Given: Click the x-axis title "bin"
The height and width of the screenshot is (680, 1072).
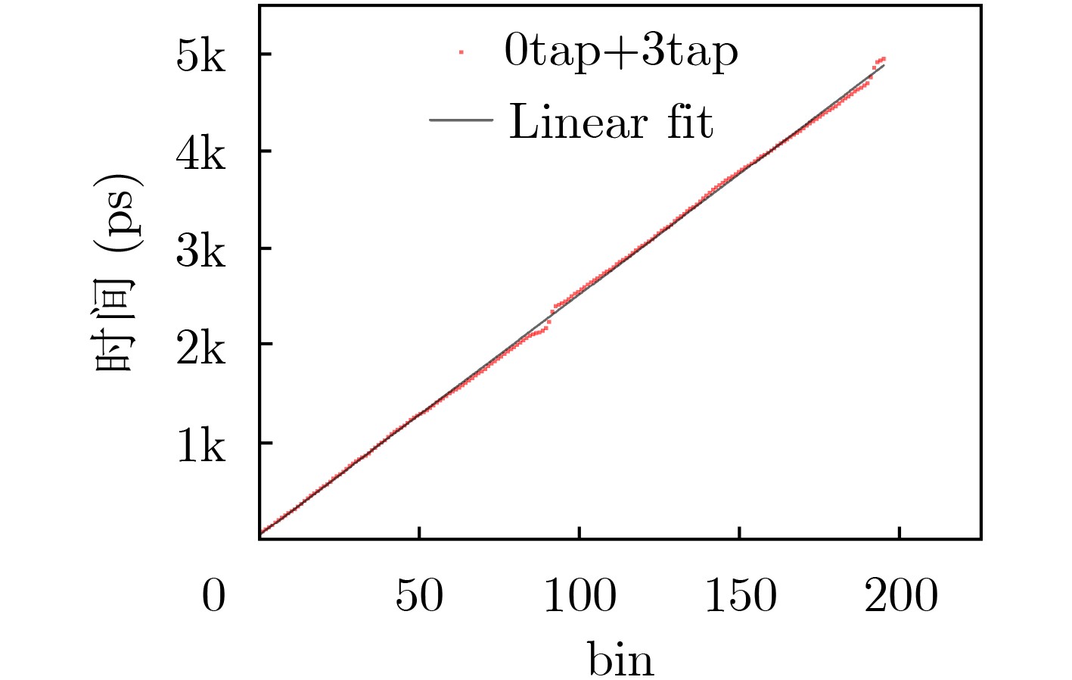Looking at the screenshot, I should click(x=620, y=659).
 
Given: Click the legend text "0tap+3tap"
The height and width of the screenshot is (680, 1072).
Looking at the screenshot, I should click(x=620, y=51).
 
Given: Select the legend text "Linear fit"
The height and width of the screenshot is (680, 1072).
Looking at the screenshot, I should click(x=611, y=121).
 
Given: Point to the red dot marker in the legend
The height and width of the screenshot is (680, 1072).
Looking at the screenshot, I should click(x=461, y=52).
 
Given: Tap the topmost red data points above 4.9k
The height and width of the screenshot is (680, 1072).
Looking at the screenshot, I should click(x=879, y=60).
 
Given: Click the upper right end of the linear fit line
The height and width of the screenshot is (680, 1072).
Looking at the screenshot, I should click(x=883, y=66).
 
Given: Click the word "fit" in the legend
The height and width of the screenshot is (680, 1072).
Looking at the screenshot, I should click(x=689, y=121).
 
